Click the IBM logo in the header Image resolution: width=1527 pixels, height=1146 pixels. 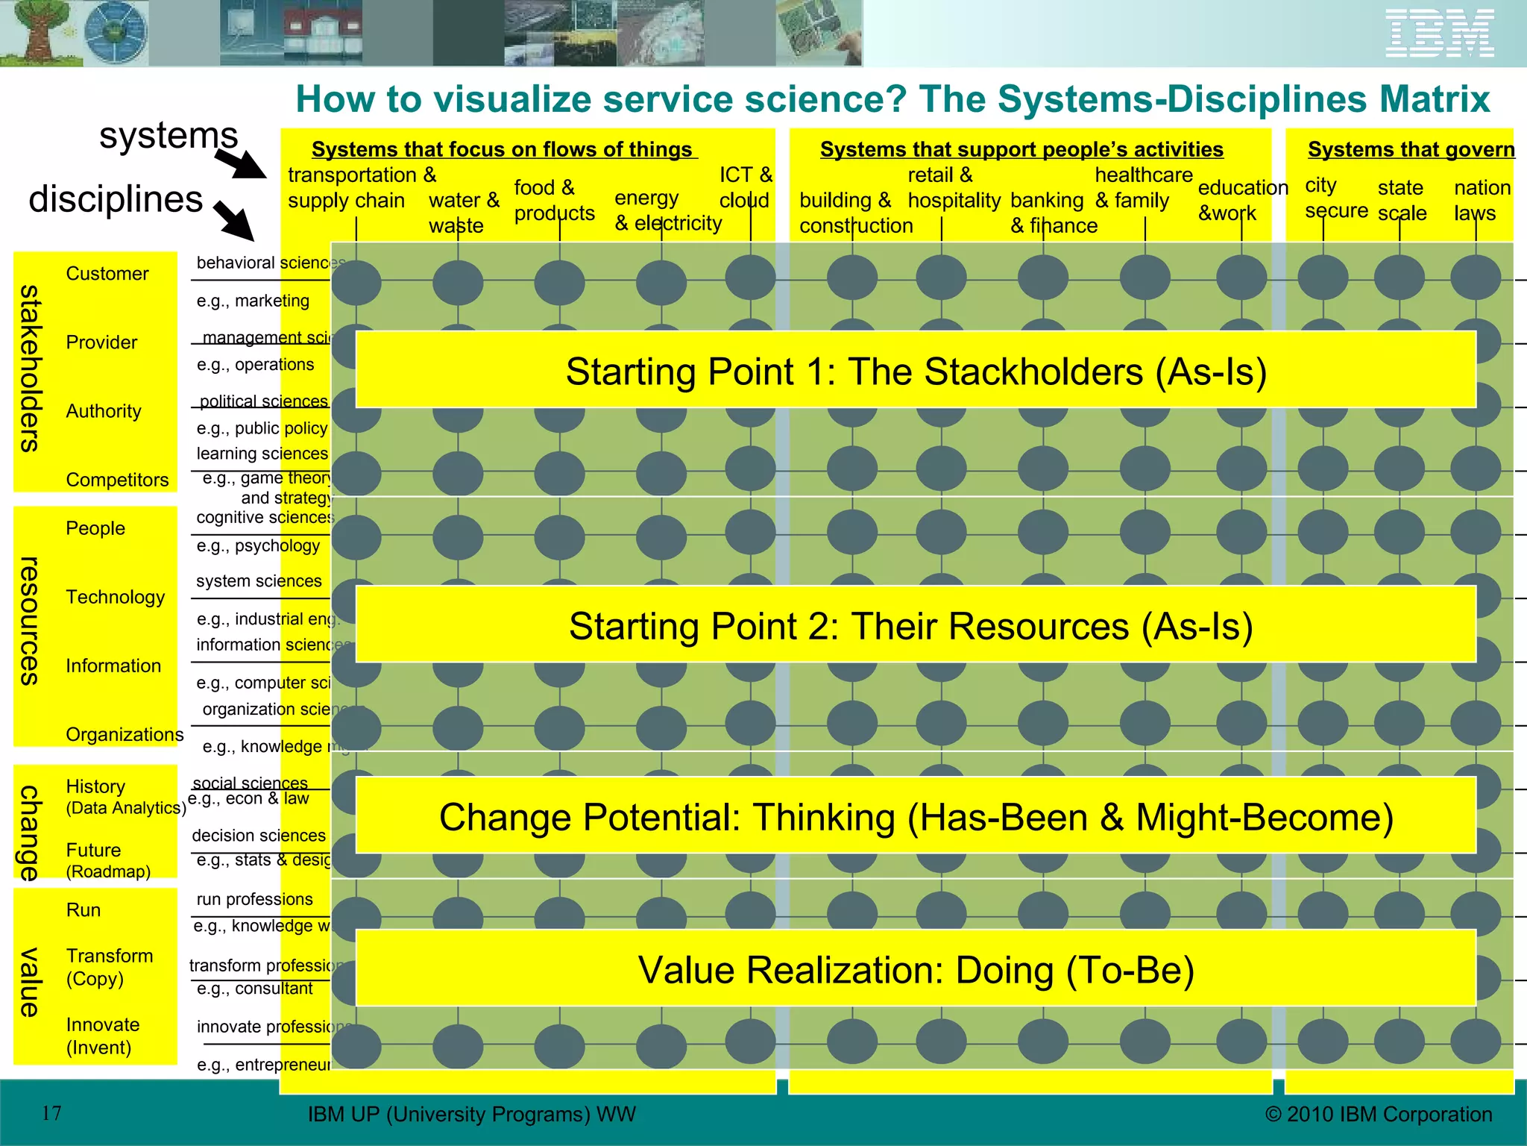click(1440, 34)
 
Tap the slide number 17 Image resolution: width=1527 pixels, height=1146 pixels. click(51, 1113)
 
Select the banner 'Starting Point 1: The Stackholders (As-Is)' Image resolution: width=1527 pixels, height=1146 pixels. click(916, 371)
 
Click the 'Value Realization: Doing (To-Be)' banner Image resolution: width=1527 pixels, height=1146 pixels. click(916, 969)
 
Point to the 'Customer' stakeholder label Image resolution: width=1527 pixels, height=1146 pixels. click(107, 274)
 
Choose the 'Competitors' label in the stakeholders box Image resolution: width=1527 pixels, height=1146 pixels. click(117, 480)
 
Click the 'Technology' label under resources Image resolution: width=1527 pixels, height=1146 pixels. click(115, 597)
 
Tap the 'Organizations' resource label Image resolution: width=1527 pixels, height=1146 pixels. click(125, 734)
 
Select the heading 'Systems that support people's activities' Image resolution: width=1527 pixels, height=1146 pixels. click(1021, 149)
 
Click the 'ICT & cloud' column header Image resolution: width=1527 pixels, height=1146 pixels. click(745, 187)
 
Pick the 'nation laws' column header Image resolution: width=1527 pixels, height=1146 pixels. click(1482, 200)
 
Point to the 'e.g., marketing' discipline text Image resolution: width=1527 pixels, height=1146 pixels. click(253, 301)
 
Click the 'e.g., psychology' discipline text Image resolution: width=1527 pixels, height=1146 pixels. click(258, 545)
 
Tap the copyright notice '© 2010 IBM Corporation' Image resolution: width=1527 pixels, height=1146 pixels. click(1378, 1114)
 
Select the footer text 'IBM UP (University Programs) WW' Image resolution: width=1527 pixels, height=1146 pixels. click(471, 1114)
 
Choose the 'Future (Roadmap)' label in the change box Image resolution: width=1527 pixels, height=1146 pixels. click(108, 860)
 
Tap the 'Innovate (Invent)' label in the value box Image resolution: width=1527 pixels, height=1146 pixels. click(102, 1036)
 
